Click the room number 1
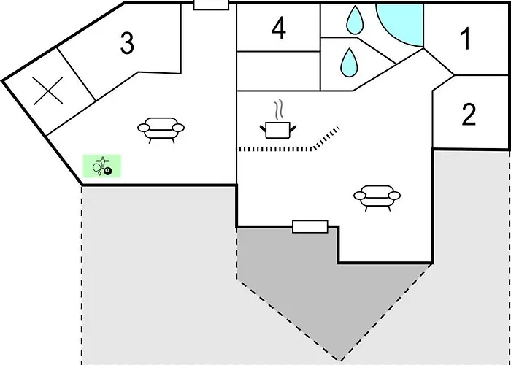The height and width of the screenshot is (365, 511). (466, 39)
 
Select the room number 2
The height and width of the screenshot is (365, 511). (469, 114)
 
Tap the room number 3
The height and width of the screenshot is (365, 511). (127, 43)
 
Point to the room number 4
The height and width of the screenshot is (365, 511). (279, 28)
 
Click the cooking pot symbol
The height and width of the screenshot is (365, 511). (278, 130)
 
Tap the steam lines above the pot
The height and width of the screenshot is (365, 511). (278, 110)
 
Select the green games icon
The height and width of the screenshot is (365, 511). (101, 166)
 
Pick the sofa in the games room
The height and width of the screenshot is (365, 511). (161, 130)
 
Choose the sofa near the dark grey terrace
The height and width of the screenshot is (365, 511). (377, 198)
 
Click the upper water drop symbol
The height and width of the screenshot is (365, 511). (354, 20)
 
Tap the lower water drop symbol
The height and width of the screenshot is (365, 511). (350, 63)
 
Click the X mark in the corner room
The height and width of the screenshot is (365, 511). (48, 91)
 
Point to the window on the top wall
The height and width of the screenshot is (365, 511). (211, 4)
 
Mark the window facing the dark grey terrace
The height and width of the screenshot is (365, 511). (310, 226)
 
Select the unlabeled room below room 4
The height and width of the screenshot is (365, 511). (279, 71)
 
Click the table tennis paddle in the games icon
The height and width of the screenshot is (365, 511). (97, 169)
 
